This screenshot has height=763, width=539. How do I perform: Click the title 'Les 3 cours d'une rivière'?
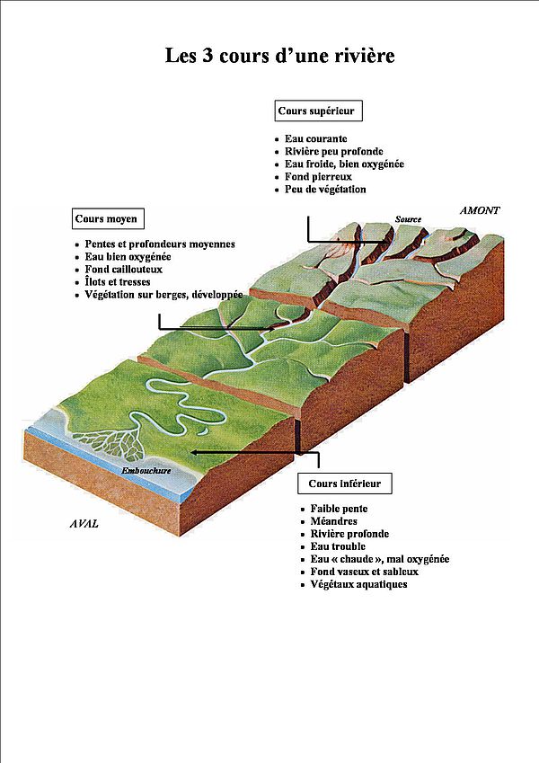pos(279,56)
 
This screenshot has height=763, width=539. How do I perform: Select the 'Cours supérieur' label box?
pos(319,111)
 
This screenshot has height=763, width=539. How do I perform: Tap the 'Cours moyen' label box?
pos(108,218)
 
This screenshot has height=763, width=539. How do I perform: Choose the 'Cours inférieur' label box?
pos(344,484)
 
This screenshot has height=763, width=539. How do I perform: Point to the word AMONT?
pos(480,210)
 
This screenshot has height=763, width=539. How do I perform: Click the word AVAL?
pos(84,524)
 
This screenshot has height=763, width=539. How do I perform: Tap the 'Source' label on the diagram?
pos(408,219)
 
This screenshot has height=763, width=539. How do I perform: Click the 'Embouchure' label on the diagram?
pos(146,471)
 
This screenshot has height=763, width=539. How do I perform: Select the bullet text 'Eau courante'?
pos(315,138)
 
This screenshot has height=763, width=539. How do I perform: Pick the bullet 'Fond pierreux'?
pos(318,177)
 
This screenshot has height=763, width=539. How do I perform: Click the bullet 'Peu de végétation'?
pos(325,190)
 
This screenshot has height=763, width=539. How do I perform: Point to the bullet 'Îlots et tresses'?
pos(118,282)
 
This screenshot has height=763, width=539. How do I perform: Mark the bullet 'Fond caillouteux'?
pos(124,269)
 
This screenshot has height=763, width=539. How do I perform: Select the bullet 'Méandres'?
pos(333,521)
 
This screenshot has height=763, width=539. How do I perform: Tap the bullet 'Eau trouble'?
pos(338,546)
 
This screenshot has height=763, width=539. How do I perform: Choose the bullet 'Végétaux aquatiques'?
pos(358,584)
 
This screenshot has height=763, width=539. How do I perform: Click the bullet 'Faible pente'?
pos(339,509)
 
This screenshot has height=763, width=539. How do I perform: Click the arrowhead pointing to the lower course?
pos(194,452)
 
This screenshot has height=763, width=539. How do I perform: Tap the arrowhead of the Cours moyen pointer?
pos(270,329)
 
